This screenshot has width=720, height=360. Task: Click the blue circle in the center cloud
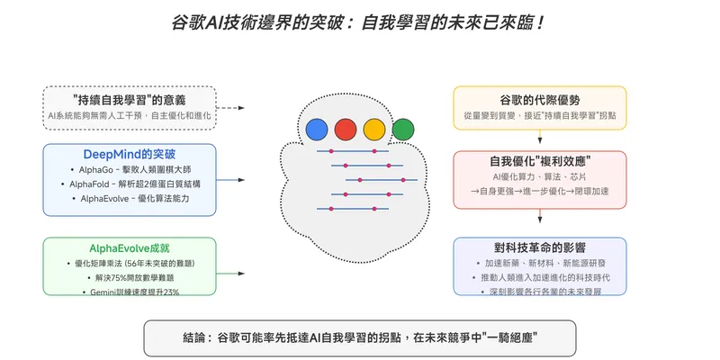(x=315, y=129)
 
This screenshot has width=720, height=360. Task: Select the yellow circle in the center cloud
(x=373, y=129)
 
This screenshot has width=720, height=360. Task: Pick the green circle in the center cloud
(x=402, y=129)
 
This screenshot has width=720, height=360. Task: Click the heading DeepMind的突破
(x=130, y=154)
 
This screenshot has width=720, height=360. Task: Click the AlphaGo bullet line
(x=130, y=169)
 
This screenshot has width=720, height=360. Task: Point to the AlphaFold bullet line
(x=130, y=184)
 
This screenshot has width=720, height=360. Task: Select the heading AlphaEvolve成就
(x=130, y=247)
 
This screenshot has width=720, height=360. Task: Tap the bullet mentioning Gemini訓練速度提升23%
(x=130, y=292)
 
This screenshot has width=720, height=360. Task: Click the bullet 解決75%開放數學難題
(x=130, y=277)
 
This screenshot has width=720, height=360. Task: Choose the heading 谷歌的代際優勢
(x=538, y=99)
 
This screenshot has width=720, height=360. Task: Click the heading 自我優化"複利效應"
(x=539, y=161)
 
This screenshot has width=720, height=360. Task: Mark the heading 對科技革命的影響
(x=539, y=248)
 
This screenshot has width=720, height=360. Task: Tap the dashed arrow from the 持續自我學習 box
(x=230, y=107)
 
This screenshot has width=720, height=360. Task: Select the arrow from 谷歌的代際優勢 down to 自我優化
(x=539, y=139)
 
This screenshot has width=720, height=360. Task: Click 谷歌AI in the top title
(x=198, y=21)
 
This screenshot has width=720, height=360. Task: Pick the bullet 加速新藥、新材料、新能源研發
(x=539, y=264)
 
